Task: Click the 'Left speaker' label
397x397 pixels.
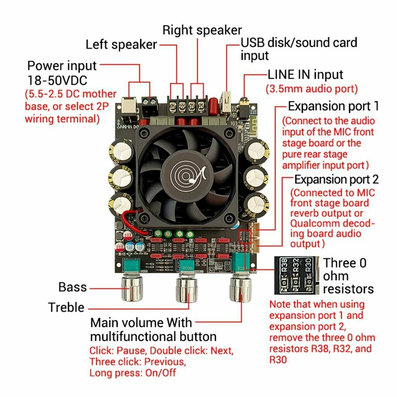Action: point(121,44)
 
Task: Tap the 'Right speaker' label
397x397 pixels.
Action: point(202,30)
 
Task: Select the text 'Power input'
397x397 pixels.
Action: point(62,65)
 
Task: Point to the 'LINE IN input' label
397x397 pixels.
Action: point(306,74)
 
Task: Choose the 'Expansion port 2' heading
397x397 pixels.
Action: point(337,180)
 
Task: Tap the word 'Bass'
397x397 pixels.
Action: point(72,287)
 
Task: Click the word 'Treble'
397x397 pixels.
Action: point(66,307)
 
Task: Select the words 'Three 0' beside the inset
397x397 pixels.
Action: point(345,263)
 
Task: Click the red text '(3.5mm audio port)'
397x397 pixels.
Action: point(311,88)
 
